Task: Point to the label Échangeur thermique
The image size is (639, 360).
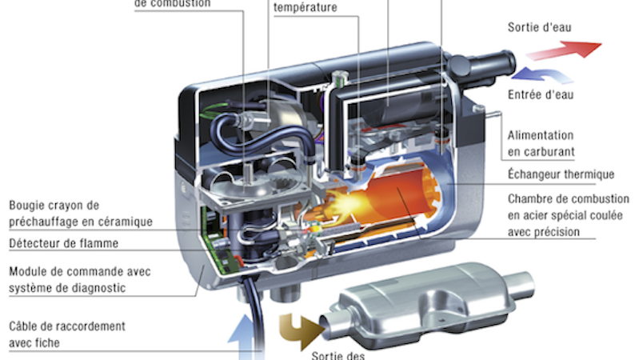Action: pyautogui.click(x=560, y=174)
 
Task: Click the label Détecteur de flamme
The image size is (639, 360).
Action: pyautogui.click(x=64, y=243)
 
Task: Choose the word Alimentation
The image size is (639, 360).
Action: pyautogui.click(x=541, y=135)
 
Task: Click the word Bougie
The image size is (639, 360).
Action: pyautogui.click(x=28, y=204)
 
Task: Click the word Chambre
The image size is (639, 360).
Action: pyautogui.click(x=530, y=198)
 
